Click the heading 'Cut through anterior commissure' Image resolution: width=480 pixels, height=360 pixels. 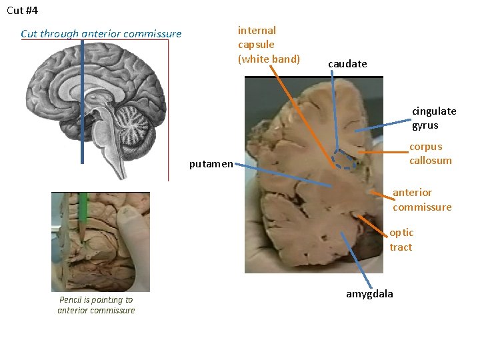point(101,33)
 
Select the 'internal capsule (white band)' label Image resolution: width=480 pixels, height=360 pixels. point(269,45)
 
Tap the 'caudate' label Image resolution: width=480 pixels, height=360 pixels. point(347,64)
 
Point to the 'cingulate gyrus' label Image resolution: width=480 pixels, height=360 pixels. point(434,118)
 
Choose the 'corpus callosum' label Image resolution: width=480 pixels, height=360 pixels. point(430,153)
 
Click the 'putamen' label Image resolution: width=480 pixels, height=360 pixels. point(211,163)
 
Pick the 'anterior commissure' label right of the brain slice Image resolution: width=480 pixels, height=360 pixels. point(421,200)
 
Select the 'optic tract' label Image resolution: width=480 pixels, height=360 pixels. point(401,240)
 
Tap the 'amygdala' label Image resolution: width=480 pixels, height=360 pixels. point(369,294)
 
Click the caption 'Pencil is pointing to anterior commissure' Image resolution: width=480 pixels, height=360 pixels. point(96,305)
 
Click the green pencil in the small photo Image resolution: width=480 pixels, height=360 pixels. point(83,210)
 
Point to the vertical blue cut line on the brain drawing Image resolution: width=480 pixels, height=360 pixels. point(82,100)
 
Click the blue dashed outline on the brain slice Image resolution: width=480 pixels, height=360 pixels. point(345,159)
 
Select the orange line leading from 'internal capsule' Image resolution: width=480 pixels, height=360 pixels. point(307,113)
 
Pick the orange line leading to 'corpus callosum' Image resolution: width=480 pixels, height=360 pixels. point(384,153)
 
